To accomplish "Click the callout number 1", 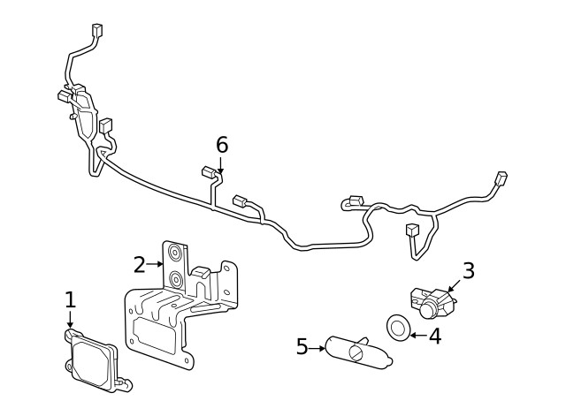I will pyautogui.click(x=70, y=300).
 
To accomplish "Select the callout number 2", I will pyautogui.click(x=140, y=264).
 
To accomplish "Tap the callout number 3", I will pyautogui.click(x=469, y=271).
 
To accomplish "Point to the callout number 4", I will pyautogui.click(x=434, y=336).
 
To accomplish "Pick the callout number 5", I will pyautogui.click(x=302, y=347).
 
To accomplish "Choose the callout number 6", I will pyautogui.click(x=221, y=144).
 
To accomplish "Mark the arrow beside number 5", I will pyautogui.click(x=317, y=348).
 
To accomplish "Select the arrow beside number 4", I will pyautogui.click(x=417, y=335).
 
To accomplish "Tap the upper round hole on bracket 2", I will pyautogui.click(x=175, y=254).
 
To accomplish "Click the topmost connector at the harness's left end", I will pyautogui.click(x=96, y=29).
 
